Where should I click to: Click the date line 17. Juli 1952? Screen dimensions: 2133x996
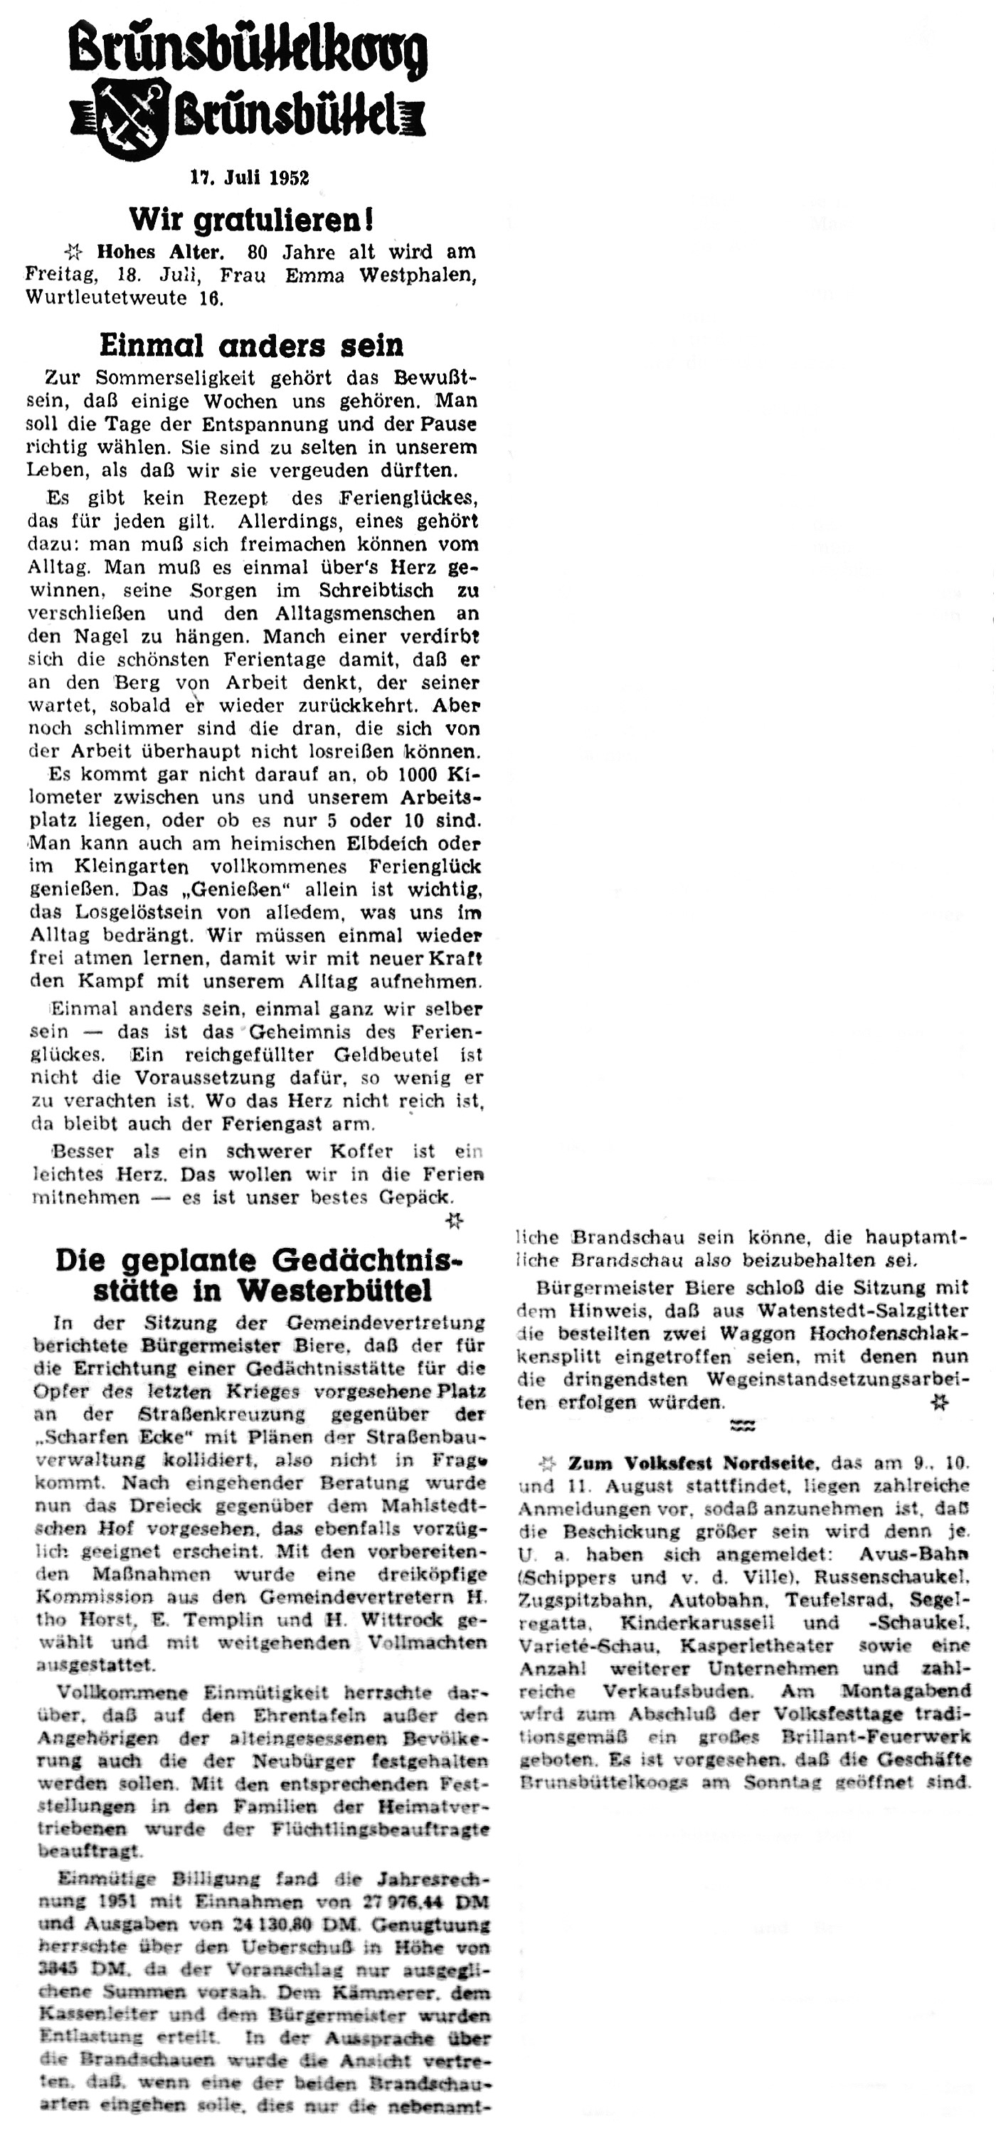249,177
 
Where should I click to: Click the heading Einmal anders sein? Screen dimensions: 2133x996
251,344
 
